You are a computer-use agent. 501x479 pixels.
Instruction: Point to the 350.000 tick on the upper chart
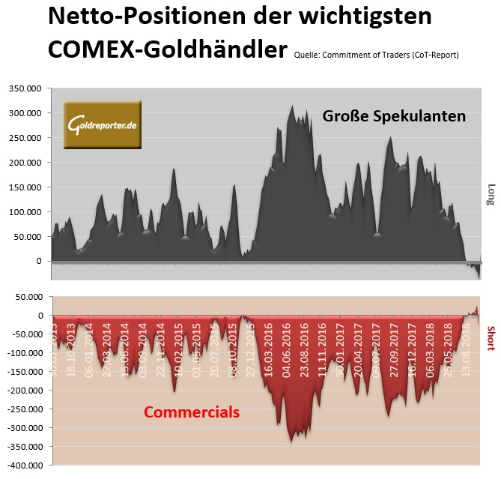25,88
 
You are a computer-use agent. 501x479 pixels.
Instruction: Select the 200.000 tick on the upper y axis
25,163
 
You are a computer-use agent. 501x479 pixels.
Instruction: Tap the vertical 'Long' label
491,193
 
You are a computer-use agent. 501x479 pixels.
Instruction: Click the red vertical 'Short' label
491,338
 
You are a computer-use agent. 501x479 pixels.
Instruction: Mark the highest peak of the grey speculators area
293,106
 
